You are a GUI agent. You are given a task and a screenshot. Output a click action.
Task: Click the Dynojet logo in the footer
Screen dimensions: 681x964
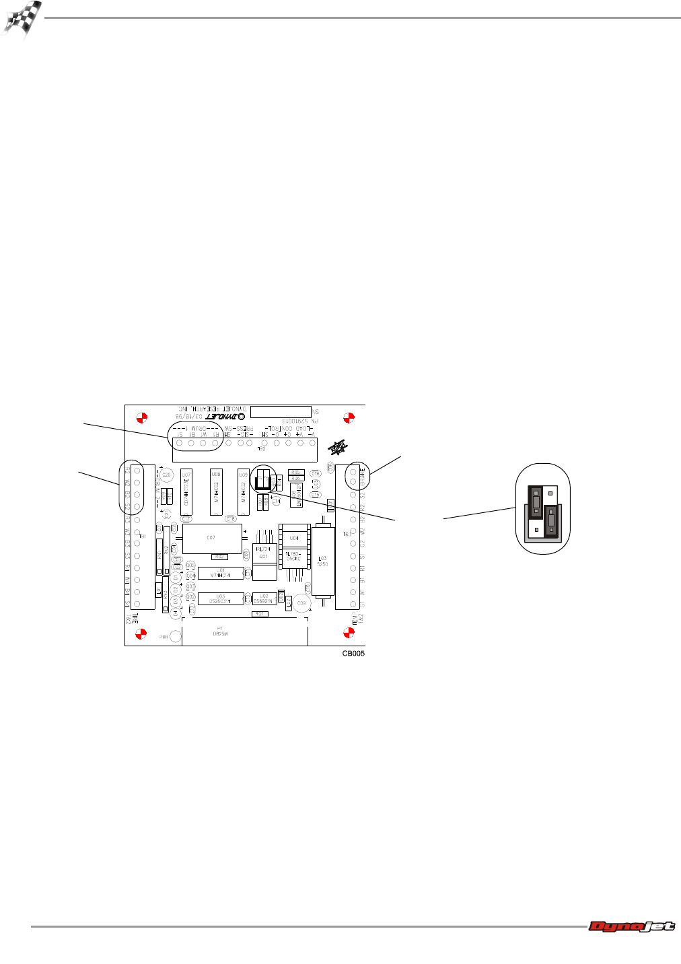pyautogui.click(x=631, y=927)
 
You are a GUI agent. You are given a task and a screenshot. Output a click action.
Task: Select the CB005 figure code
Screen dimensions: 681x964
pyautogui.click(x=353, y=653)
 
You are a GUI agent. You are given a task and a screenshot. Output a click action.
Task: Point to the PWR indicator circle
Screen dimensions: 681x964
pyautogui.click(x=176, y=636)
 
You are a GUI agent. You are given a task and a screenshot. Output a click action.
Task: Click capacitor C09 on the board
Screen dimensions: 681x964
pyautogui.click(x=301, y=603)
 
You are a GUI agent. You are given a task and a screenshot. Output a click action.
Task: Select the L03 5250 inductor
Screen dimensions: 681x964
pyautogui.click(x=324, y=561)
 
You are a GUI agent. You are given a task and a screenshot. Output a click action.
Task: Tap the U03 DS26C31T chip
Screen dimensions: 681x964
pyautogui.click(x=221, y=598)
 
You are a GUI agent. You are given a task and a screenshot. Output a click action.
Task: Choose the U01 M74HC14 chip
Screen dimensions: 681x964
pyautogui.click(x=221, y=574)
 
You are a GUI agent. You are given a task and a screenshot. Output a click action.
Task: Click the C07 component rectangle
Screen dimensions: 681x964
pyautogui.click(x=212, y=539)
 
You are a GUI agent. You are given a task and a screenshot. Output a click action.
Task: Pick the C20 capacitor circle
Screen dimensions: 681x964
pyautogui.click(x=166, y=475)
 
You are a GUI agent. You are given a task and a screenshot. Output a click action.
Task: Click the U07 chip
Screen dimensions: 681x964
pyautogui.click(x=186, y=492)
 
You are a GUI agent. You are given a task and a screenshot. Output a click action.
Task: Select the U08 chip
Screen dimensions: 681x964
pyautogui.click(x=216, y=492)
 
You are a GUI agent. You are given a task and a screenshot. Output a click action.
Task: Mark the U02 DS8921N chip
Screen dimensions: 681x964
pyautogui.click(x=264, y=598)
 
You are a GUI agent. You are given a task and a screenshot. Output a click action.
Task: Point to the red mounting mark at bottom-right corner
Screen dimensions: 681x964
pyautogui.click(x=349, y=633)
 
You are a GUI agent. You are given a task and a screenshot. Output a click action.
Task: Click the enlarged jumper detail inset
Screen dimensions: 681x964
pyautogui.click(x=543, y=509)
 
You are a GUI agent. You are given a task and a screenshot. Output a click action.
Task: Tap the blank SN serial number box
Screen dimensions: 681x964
pyautogui.click(x=281, y=411)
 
